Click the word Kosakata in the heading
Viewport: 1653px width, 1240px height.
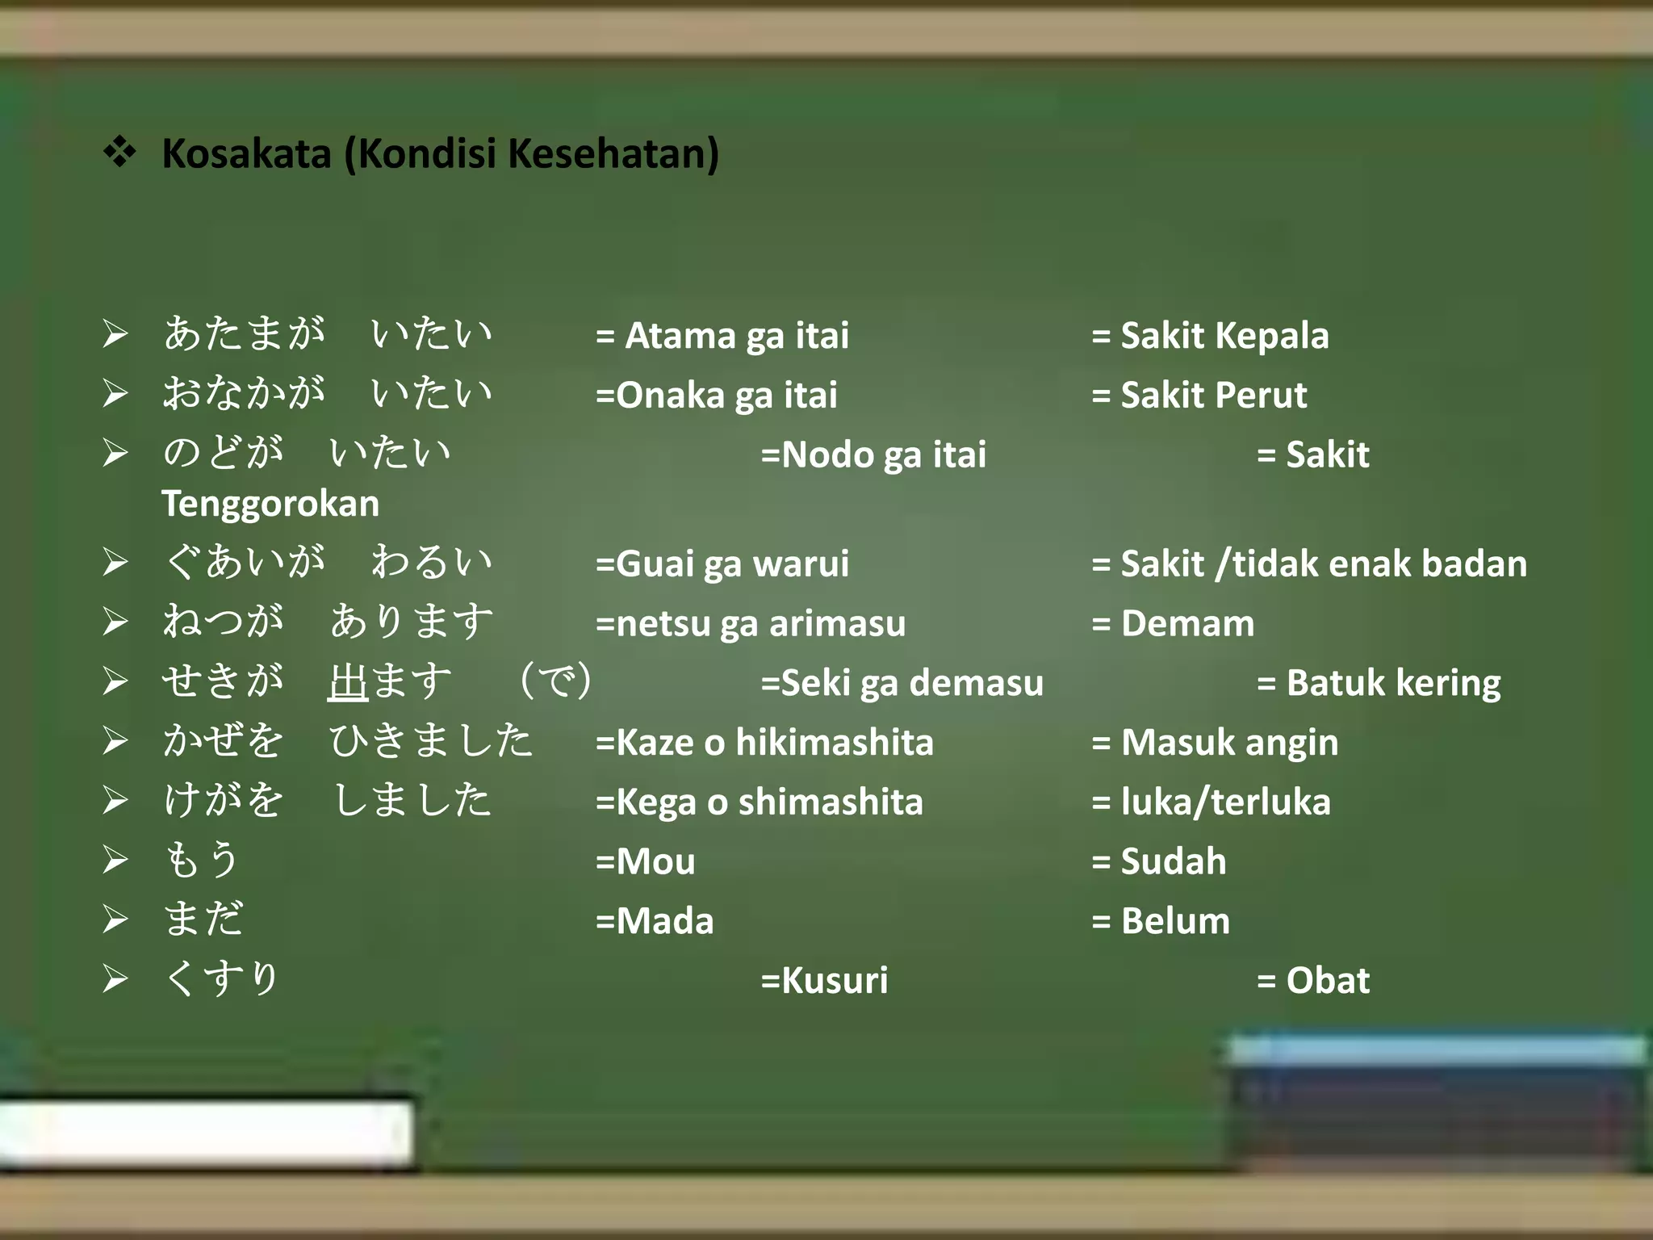pyautogui.click(x=246, y=153)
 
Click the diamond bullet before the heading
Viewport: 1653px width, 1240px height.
pyautogui.click(x=119, y=152)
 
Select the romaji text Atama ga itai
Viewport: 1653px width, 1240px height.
pyautogui.click(x=737, y=336)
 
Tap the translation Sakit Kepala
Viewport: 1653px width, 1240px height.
pyautogui.click(x=1224, y=336)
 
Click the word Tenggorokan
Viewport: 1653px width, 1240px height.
pyautogui.click(x=270, y=505)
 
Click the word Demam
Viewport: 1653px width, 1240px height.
pyautogui.click(x=1187, y=623)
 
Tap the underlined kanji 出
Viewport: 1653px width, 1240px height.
pyautogui.click(x=349, y=682)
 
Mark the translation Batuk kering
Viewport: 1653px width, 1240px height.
pyautogui.click(x=1393, y=683)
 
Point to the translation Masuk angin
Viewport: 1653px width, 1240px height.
pyautogui.click(x=1229, y=743)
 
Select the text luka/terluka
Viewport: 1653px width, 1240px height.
pyautogui.click(x=1225, y=802)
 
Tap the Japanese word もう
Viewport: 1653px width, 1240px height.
pyautogui.click(x=202, y=859)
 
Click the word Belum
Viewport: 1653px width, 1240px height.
pyautogui.click(x=1175, y=921)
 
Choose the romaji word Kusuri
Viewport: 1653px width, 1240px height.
pyautogui.click(x=835, y=981)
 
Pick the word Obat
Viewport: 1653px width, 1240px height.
pyautogui.click(x=1328, y=981)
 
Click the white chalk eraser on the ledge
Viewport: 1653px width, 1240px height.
pyautogui.click(x=206, y=1132)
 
